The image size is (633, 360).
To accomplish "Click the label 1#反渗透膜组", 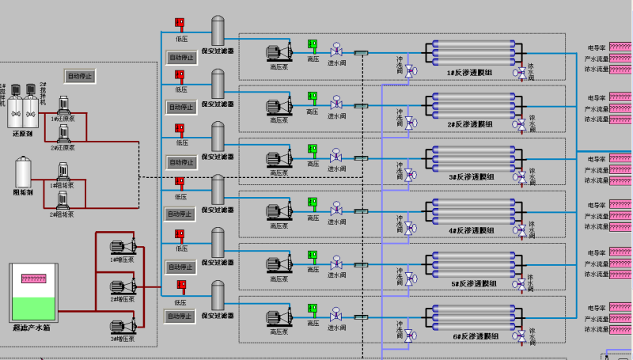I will point(470,73).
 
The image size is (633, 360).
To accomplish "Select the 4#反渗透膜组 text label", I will point(470,230).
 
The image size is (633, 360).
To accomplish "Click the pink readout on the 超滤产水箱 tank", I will point(33,279).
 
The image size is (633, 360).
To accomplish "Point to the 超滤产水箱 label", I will point(32,327).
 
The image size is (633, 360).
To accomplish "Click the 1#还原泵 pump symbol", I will point(65,107).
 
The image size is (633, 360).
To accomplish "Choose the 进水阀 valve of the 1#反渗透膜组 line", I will point(336,49).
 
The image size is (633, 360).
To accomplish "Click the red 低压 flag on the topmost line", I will point(179,24).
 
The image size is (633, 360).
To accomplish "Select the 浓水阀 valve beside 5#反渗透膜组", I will point(521,283).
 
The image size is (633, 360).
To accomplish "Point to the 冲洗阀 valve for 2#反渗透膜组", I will point(410,123).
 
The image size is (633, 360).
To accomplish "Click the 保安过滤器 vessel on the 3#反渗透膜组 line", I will point(218,136).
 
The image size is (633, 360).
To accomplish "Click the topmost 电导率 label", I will point(596,47).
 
